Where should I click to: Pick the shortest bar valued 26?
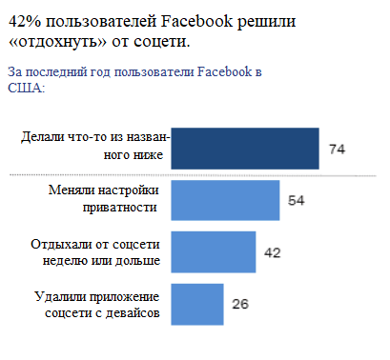tap(196, 304)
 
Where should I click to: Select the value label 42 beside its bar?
tap(273, 252)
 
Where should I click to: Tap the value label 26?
tap(240, 305)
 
